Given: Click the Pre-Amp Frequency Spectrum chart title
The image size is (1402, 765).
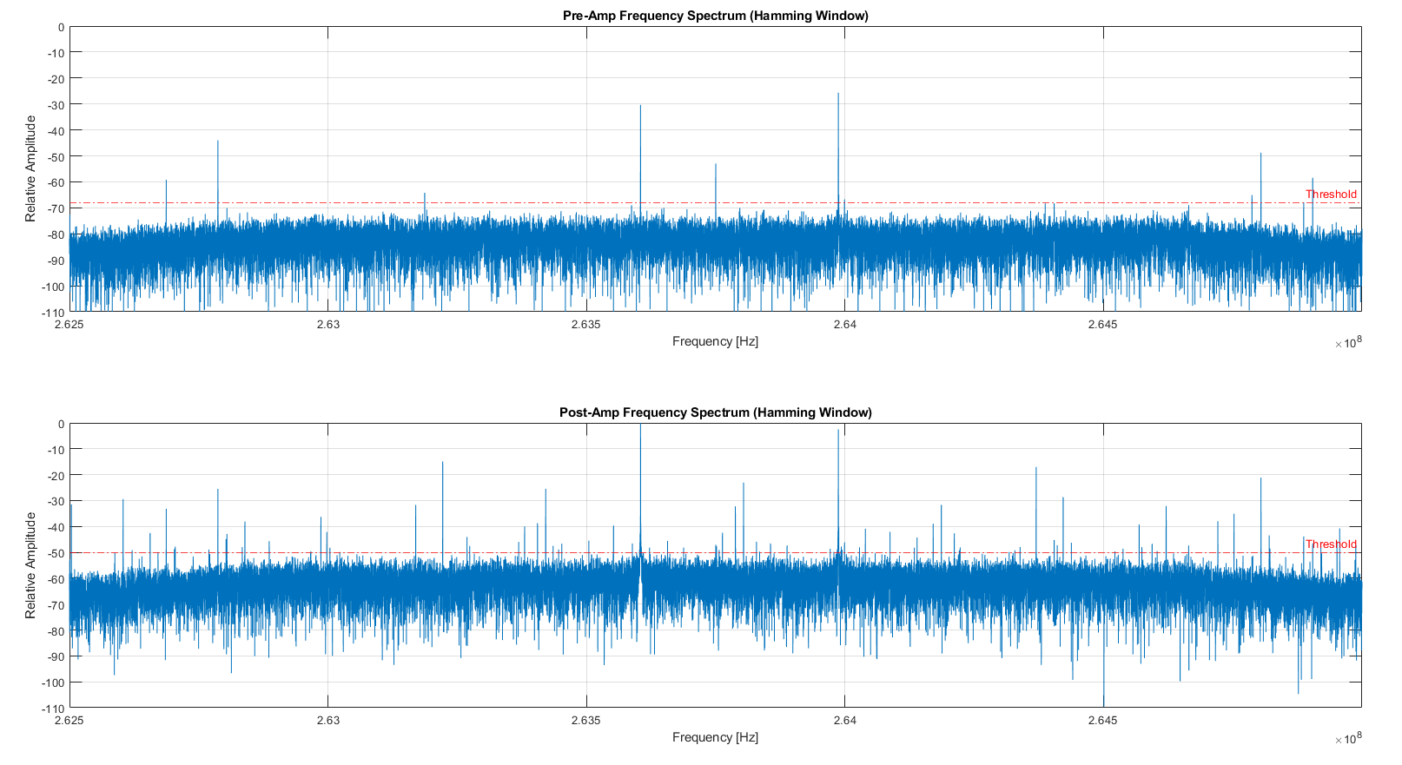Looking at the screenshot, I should [715, 16].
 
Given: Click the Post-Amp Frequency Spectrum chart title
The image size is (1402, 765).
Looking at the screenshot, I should [715, 412].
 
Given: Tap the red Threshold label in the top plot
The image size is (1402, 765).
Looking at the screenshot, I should [1330, 195].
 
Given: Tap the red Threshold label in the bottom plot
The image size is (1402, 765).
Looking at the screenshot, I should [1330, 544].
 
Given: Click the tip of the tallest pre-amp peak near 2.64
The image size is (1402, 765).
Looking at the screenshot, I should [838, 94].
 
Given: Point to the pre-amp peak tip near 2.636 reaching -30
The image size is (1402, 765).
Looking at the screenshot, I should [640, 106].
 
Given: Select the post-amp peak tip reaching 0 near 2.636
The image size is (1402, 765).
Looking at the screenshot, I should [640, 425].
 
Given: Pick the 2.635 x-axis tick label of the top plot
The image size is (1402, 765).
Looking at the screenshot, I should [585, 325].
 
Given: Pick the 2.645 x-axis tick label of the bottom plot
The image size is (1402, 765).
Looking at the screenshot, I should [1102, 721].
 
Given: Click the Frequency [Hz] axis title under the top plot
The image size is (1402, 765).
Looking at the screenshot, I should [715, 341].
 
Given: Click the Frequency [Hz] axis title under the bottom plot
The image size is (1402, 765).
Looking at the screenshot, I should [715, 737].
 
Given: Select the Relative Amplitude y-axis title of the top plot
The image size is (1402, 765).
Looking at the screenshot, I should [31, 168].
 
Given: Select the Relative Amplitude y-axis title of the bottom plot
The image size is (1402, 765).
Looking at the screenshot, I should [31, 565].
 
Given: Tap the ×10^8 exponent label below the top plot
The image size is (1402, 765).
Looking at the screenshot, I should [1348, 343].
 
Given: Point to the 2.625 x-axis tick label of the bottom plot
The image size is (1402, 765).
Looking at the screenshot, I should [69, 721].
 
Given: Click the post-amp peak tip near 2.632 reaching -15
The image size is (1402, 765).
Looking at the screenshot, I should [442, 463].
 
